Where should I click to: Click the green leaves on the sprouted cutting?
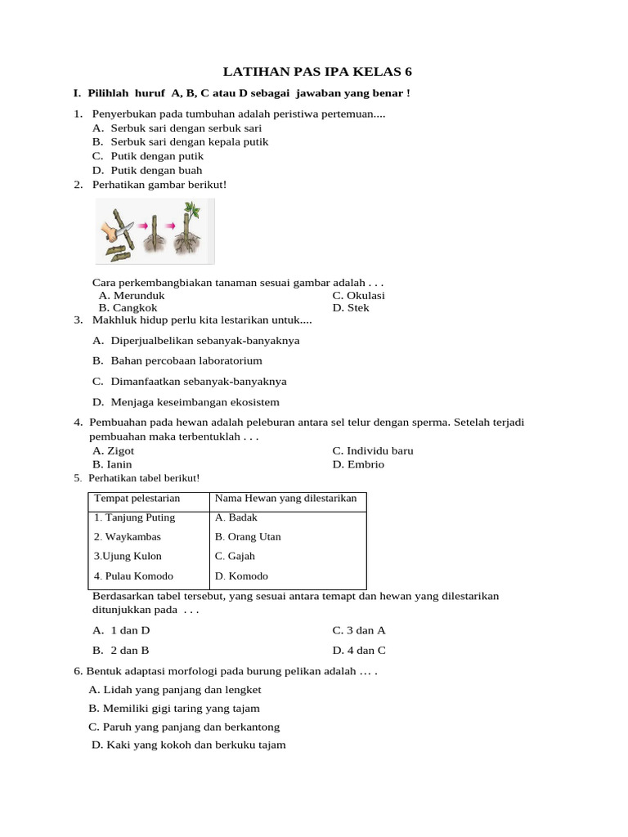[194, 214]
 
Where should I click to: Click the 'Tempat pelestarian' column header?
[137, 499]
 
